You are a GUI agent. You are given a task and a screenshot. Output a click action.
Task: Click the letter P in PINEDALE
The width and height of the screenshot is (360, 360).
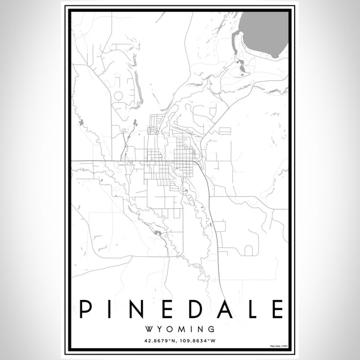coord(86,309)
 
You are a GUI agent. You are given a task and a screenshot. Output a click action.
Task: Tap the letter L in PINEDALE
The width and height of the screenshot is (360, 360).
coord(251,309)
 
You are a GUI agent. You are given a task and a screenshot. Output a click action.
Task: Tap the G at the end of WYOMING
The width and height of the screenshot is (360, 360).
coord(213,329)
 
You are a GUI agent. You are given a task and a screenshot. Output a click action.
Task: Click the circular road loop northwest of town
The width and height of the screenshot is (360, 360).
coord(118,95)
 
